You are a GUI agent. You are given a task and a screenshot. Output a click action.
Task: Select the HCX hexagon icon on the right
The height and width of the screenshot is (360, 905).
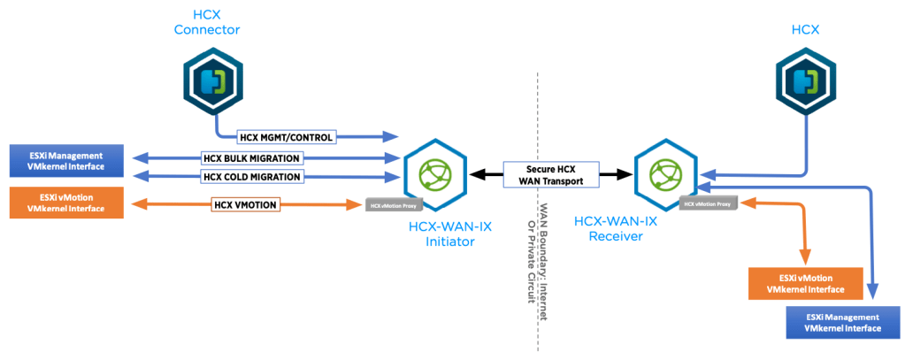[x=802, y=81]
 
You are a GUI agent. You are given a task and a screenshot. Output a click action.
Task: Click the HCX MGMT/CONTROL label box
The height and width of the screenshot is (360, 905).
[x=285, y=137]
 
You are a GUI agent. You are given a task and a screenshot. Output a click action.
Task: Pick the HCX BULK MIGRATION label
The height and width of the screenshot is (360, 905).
[x=252, y=158]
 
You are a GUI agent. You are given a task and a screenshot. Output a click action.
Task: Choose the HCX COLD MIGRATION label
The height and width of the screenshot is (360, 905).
[x=252, y=177]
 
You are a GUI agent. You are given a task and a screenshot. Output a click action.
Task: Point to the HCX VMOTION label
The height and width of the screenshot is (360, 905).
[x=245, y=205]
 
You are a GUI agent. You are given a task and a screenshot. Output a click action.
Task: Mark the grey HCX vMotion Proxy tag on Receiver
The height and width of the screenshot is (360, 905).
[x=706, y=204]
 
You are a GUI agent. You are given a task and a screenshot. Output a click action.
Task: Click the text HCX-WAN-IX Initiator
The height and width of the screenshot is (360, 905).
[x=450, y=234]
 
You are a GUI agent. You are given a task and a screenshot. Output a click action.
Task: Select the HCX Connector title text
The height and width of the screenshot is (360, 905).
[x=206, y=22]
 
